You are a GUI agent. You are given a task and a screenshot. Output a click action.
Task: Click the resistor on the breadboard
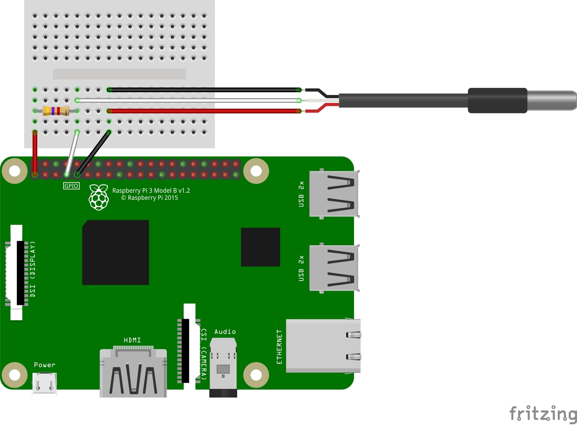click(x=56, y=111)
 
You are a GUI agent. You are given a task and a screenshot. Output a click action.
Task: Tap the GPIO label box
click(x=71, y=186)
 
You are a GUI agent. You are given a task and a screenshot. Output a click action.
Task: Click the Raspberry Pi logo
click(x=99, y=197)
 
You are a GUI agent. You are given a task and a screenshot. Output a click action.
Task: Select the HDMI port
click(x=133, y=373)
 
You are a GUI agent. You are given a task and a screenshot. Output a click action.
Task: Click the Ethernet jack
click(x=323, y=346)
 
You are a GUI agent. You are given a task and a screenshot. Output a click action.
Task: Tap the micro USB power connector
click(x=45, y=383)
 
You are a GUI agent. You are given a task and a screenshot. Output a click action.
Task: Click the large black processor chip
click(x=116, y=252)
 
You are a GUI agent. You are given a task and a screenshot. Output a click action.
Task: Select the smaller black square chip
click(x=260, y=247)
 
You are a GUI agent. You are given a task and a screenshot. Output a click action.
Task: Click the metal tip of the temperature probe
click(x=551, y=100)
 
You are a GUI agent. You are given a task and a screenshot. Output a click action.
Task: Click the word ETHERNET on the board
click(x=279, y=347)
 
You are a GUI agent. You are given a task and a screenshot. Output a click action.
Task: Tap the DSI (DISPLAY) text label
click(x=33, y=269)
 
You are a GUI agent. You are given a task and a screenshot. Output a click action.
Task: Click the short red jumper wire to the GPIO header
click(x=35, y=153)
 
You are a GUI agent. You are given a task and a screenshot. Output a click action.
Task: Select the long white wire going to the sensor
click(x=188, y=100)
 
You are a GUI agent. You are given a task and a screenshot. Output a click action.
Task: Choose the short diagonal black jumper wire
click(x=93, y=153)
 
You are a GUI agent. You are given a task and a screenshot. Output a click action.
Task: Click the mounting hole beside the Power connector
click(x=15, y=375)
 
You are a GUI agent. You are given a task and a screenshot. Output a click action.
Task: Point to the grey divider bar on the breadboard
click(x=119, y=74)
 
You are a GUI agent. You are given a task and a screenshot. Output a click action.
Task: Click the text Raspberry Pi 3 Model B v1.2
click(x=151, y=191)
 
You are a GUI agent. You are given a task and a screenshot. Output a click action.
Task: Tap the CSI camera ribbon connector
click(x=189, y=350)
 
